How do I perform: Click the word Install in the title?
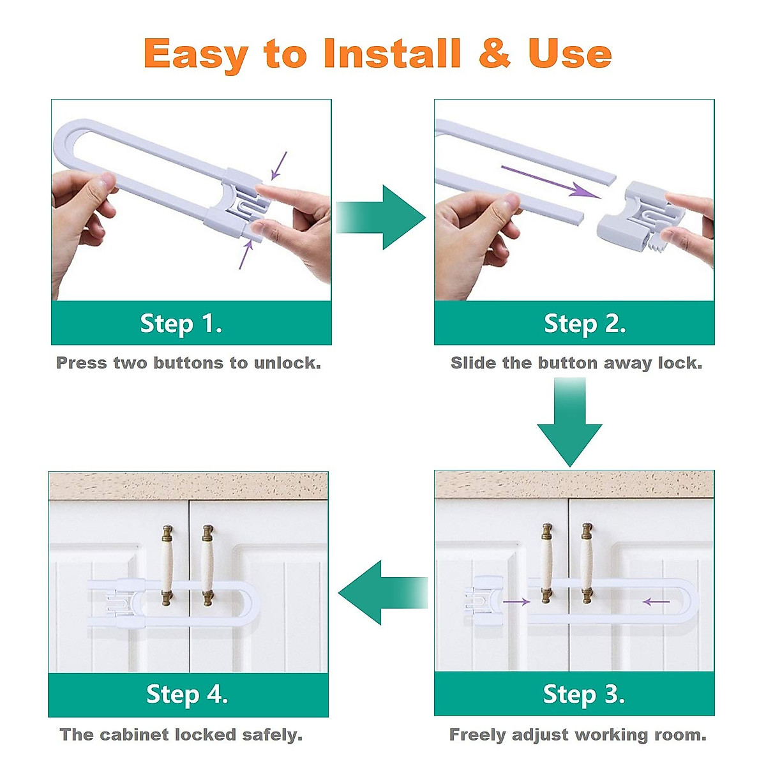pos(392,54)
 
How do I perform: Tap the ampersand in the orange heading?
pos(495,54)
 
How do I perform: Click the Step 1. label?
pos(181,324)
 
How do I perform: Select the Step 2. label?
pos(585,324)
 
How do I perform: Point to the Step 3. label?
pos(583,695)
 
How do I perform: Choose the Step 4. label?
pos(187,695)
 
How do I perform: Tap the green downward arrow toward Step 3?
pos(569,424)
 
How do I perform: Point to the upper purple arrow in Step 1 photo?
pos(280,165)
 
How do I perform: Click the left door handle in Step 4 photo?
pos(168,566)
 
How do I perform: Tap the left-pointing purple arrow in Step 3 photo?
pos(656,601)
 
